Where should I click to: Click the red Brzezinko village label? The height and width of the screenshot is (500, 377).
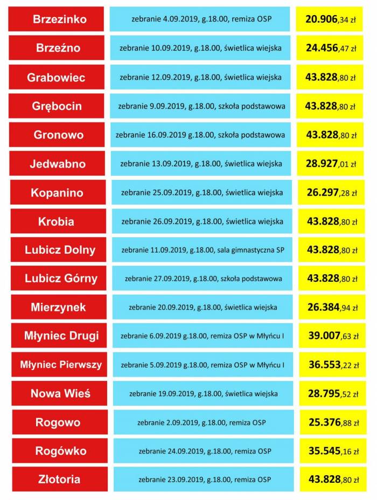click(56, 19)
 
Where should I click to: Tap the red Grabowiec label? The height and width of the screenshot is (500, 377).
click(56, 77)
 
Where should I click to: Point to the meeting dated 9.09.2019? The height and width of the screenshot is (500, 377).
click(201, 106)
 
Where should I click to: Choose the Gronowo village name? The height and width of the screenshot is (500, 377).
click(57, 135)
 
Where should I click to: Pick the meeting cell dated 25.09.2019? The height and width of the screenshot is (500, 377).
click(201, 192)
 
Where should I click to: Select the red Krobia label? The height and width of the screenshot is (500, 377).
click(57, 221)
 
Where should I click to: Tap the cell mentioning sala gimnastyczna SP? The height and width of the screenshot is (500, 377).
click(201, 250)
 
